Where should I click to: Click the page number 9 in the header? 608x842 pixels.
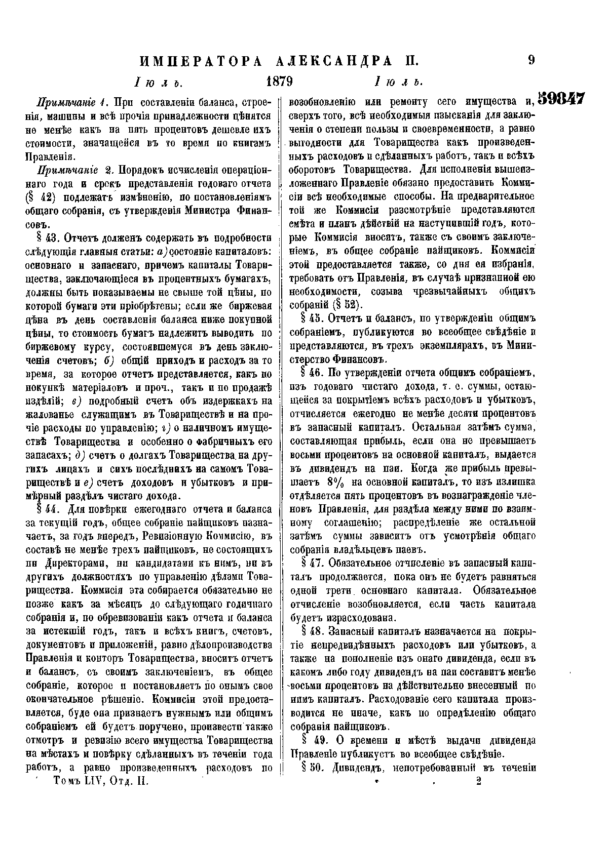coord(531,60)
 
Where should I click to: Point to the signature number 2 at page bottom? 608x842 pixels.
coord(478,781)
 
